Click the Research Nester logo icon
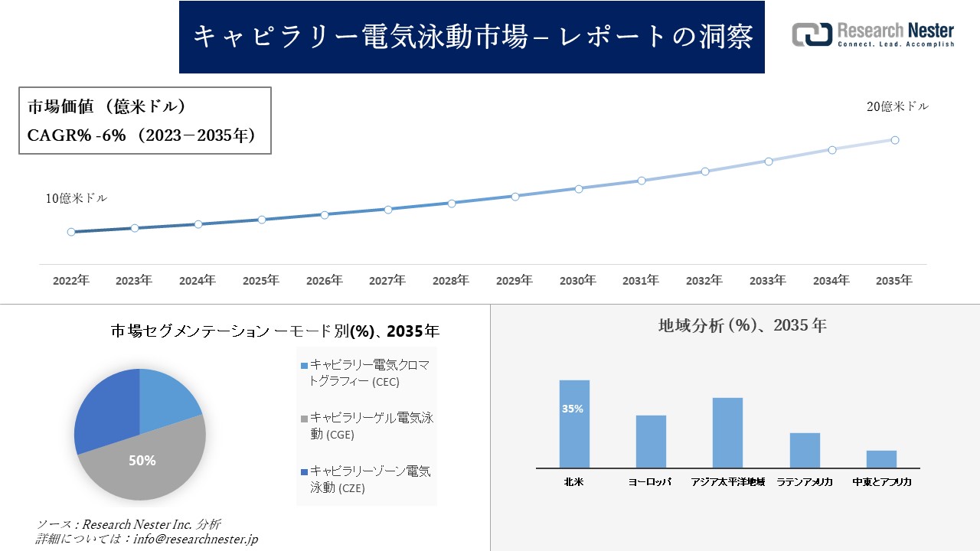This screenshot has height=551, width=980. pyautogui.click(x=812, y=34)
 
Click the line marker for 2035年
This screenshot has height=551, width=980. pyautogui.click(x=894, y=140)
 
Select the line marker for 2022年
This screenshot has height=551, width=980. pyautogui.click(x=71, y=232)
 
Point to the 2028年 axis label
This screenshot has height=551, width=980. pyautogui.click(x=450, y=281)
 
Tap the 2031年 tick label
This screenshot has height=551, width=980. pyautogui.click(x=640, y=281)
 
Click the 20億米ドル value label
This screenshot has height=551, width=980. pyautogui.click(x=897, y=107)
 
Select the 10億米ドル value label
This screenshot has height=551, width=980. pyautogui.click(x=77, y=198)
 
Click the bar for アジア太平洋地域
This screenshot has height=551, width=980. pyautogui.click(x=727, y=432)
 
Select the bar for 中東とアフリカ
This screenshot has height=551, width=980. pyautogui.click(x=881, y=459)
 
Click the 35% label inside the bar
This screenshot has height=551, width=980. pyautogui.click(x=573, y=409)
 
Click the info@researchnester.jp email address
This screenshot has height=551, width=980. pyautogui.click(x=194, y=540)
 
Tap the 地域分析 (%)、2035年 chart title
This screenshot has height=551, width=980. pyautogui.click(x=742, y=325)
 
